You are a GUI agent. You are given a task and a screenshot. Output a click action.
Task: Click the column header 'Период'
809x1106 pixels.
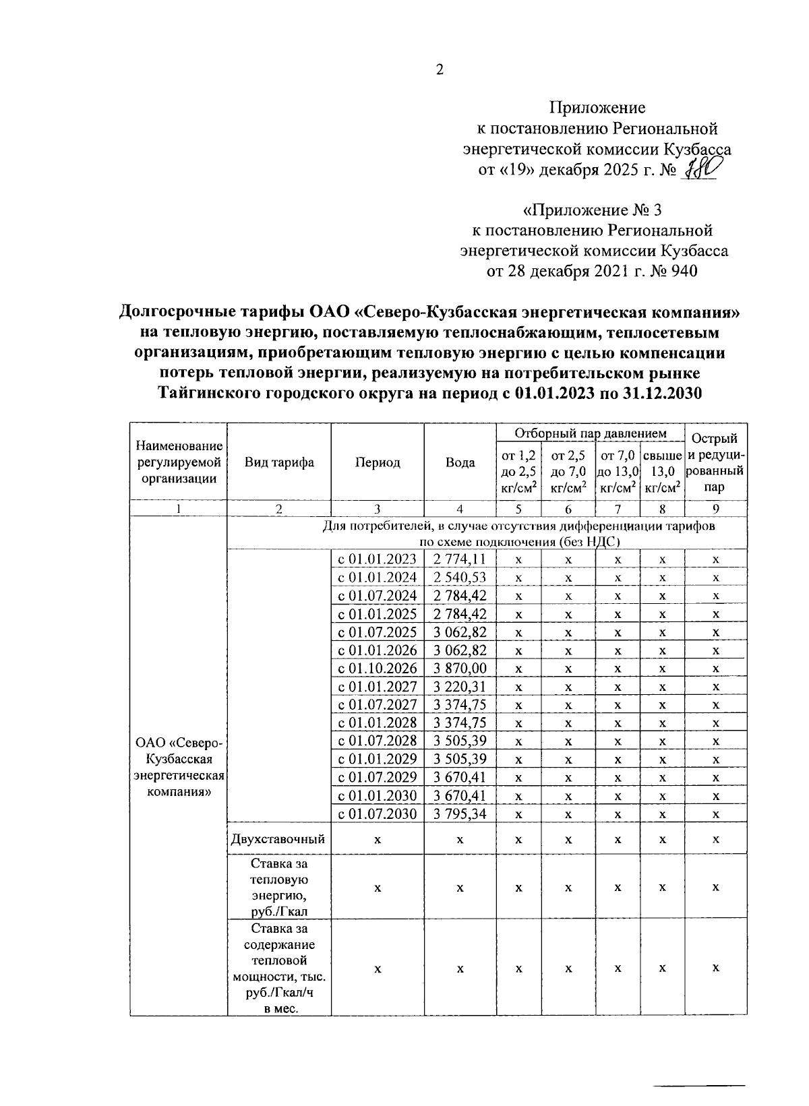(x=378, y=462)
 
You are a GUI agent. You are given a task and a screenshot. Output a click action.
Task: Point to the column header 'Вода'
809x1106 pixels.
(x=460, y=462)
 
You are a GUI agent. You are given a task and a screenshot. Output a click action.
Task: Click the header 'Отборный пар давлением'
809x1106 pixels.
(x=590, y=433)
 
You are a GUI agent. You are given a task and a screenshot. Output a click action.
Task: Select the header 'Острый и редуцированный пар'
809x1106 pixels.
(x=716, y=462)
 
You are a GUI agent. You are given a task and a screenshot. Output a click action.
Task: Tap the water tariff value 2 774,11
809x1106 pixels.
(x=460, y=559)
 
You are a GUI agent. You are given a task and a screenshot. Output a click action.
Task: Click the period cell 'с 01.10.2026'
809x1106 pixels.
(x=378, y=669)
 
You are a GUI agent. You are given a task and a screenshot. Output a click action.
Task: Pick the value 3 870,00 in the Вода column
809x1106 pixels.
(x=460, y=669)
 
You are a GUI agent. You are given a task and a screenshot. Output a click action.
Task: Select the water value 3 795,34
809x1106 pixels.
(x=460, y=814)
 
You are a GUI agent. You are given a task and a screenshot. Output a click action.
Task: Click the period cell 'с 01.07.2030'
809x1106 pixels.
(x=378, y=814)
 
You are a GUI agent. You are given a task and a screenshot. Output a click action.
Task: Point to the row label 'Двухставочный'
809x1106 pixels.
(x=278, y=839)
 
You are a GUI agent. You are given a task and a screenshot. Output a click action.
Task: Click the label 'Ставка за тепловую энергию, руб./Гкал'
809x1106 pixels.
(x=279, y=888)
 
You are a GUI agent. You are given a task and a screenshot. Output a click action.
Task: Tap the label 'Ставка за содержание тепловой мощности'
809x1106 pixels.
(x=279, y=967)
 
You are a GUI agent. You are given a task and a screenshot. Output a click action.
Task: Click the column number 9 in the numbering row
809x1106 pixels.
(x=716, y=510)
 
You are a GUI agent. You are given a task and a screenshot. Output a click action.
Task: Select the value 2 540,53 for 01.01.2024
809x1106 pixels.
(x=460, y=578)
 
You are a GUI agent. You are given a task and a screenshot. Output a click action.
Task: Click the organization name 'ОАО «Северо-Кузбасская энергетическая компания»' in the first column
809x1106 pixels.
(x=179, y=767)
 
